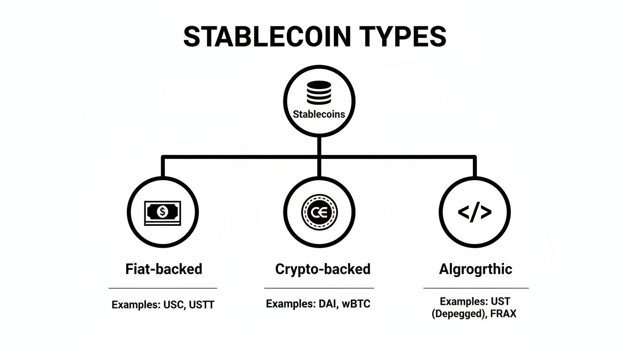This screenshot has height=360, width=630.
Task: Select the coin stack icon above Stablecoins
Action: click(319, 93)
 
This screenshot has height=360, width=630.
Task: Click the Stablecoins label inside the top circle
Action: click(319, 114)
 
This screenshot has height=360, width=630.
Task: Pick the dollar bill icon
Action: click(163, 213)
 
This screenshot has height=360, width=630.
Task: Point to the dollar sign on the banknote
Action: click(163, 212)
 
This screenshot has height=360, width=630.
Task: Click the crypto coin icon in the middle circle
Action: click(319, 213)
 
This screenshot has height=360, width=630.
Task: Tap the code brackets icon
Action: click(474, 213)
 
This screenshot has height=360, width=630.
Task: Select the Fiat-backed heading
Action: click(164, 269)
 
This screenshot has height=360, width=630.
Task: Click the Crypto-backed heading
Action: click(322, 269)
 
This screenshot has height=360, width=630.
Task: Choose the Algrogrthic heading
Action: click(475, 269)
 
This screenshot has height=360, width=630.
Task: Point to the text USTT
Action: click(202, 305)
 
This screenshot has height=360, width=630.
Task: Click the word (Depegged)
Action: click(457, 314)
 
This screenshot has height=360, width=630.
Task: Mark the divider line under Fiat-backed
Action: click(163, 288)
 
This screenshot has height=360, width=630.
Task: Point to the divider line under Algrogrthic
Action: click(475, 288)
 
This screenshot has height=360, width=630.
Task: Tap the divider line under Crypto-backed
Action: click(319, 288)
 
